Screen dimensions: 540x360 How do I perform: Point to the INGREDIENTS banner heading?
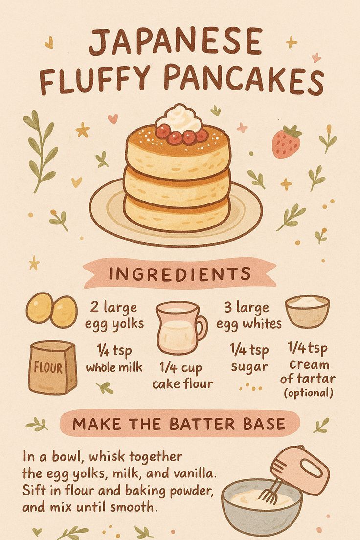(x=180, y=274)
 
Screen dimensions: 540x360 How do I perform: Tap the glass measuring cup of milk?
(x=179, y=328)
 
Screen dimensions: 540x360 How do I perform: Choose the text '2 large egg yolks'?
(x=114, y=315)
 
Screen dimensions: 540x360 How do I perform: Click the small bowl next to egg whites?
(x=307, y=311)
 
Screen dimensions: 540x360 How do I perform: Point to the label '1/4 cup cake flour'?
(x=182, y=376)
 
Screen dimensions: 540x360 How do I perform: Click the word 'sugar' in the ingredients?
(x=248, y=367)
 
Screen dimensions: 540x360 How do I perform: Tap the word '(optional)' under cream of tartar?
(x=308, y=393)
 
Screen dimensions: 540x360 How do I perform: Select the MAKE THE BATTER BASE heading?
(x=179, y=424)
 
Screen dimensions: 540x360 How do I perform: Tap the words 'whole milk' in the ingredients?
(x=114, y=367)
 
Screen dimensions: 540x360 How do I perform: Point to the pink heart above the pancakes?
(x=113, y=118)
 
